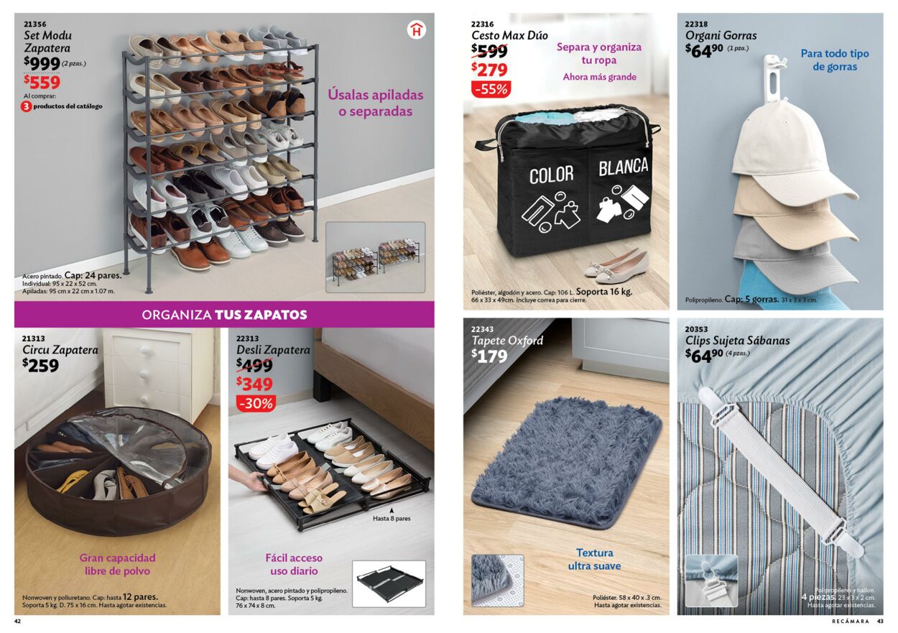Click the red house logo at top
click(x=416, y=30)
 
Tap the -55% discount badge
click(x=491, y=89)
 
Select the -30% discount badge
click(x=256, y=403)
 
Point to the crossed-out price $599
click(x=489, y=50)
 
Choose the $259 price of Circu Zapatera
click(x=41, y=365)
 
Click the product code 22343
click(x=483, y=329)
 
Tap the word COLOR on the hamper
click(x=552, y=175)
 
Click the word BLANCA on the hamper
click(x=623, y=167)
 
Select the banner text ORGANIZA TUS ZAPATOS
click(x=224, y=315)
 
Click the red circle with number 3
click(x=27, y=106)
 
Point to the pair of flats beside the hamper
click(x=616, y=265)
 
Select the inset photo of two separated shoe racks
click(x=375, y=257)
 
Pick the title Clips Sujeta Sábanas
click(x=737, y=341)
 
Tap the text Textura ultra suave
click(x=594, y=560)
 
